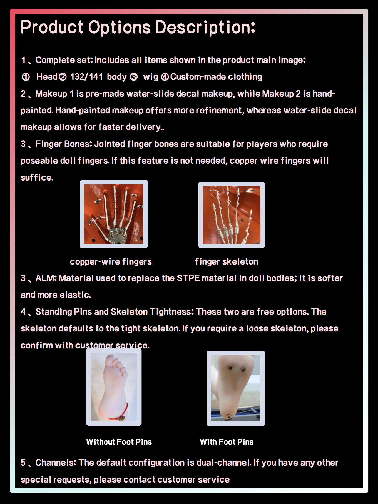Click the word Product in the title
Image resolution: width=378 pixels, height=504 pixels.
(x=52, y=28)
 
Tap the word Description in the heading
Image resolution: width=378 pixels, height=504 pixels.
(x=205, y=28)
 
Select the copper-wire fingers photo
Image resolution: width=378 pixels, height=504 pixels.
(x=114, y=214)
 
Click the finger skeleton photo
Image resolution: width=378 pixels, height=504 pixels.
(x=232, y=215)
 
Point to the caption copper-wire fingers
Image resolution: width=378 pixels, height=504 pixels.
(x=111, y=261)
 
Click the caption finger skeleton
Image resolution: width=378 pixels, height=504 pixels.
(x=227, y=261)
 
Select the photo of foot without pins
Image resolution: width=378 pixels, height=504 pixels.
(x=114, y=387)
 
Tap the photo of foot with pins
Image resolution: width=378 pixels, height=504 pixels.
(x=235, y=388)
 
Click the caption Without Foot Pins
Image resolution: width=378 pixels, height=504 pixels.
(x=119, y=442)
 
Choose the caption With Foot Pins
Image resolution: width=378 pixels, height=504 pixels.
(x=227, y=442)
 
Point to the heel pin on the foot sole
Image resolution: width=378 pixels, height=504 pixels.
(x=229, y=416)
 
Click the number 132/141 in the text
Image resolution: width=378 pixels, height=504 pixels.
(x=86, y=77)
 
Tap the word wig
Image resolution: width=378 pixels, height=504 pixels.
(x=151, y=77)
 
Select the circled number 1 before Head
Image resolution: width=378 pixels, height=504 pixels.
(x=26, y=77)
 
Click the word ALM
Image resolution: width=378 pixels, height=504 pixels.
(x=46, y=278)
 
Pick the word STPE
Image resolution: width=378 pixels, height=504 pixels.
(x=188, y=278)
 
